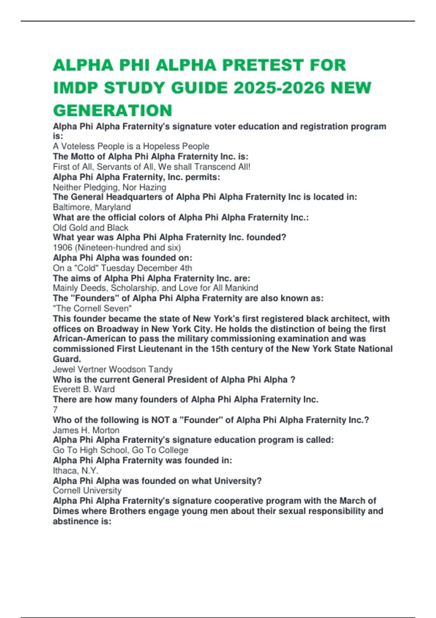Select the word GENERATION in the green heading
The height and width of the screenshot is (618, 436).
113,111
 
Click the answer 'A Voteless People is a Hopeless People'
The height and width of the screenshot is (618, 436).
131,146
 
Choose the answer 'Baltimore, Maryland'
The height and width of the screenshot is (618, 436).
92,207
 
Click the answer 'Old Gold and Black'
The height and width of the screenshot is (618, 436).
90,228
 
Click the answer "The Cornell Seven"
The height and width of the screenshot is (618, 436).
92,308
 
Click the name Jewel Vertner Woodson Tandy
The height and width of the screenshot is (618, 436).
113,369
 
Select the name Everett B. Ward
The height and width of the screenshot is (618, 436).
84,389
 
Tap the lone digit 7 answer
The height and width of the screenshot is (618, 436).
55,410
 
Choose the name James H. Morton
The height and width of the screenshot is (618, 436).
86,430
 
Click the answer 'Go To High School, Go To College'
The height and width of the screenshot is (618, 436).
120,450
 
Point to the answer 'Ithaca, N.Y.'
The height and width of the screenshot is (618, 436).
76,470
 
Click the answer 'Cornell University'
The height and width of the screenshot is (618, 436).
87,490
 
